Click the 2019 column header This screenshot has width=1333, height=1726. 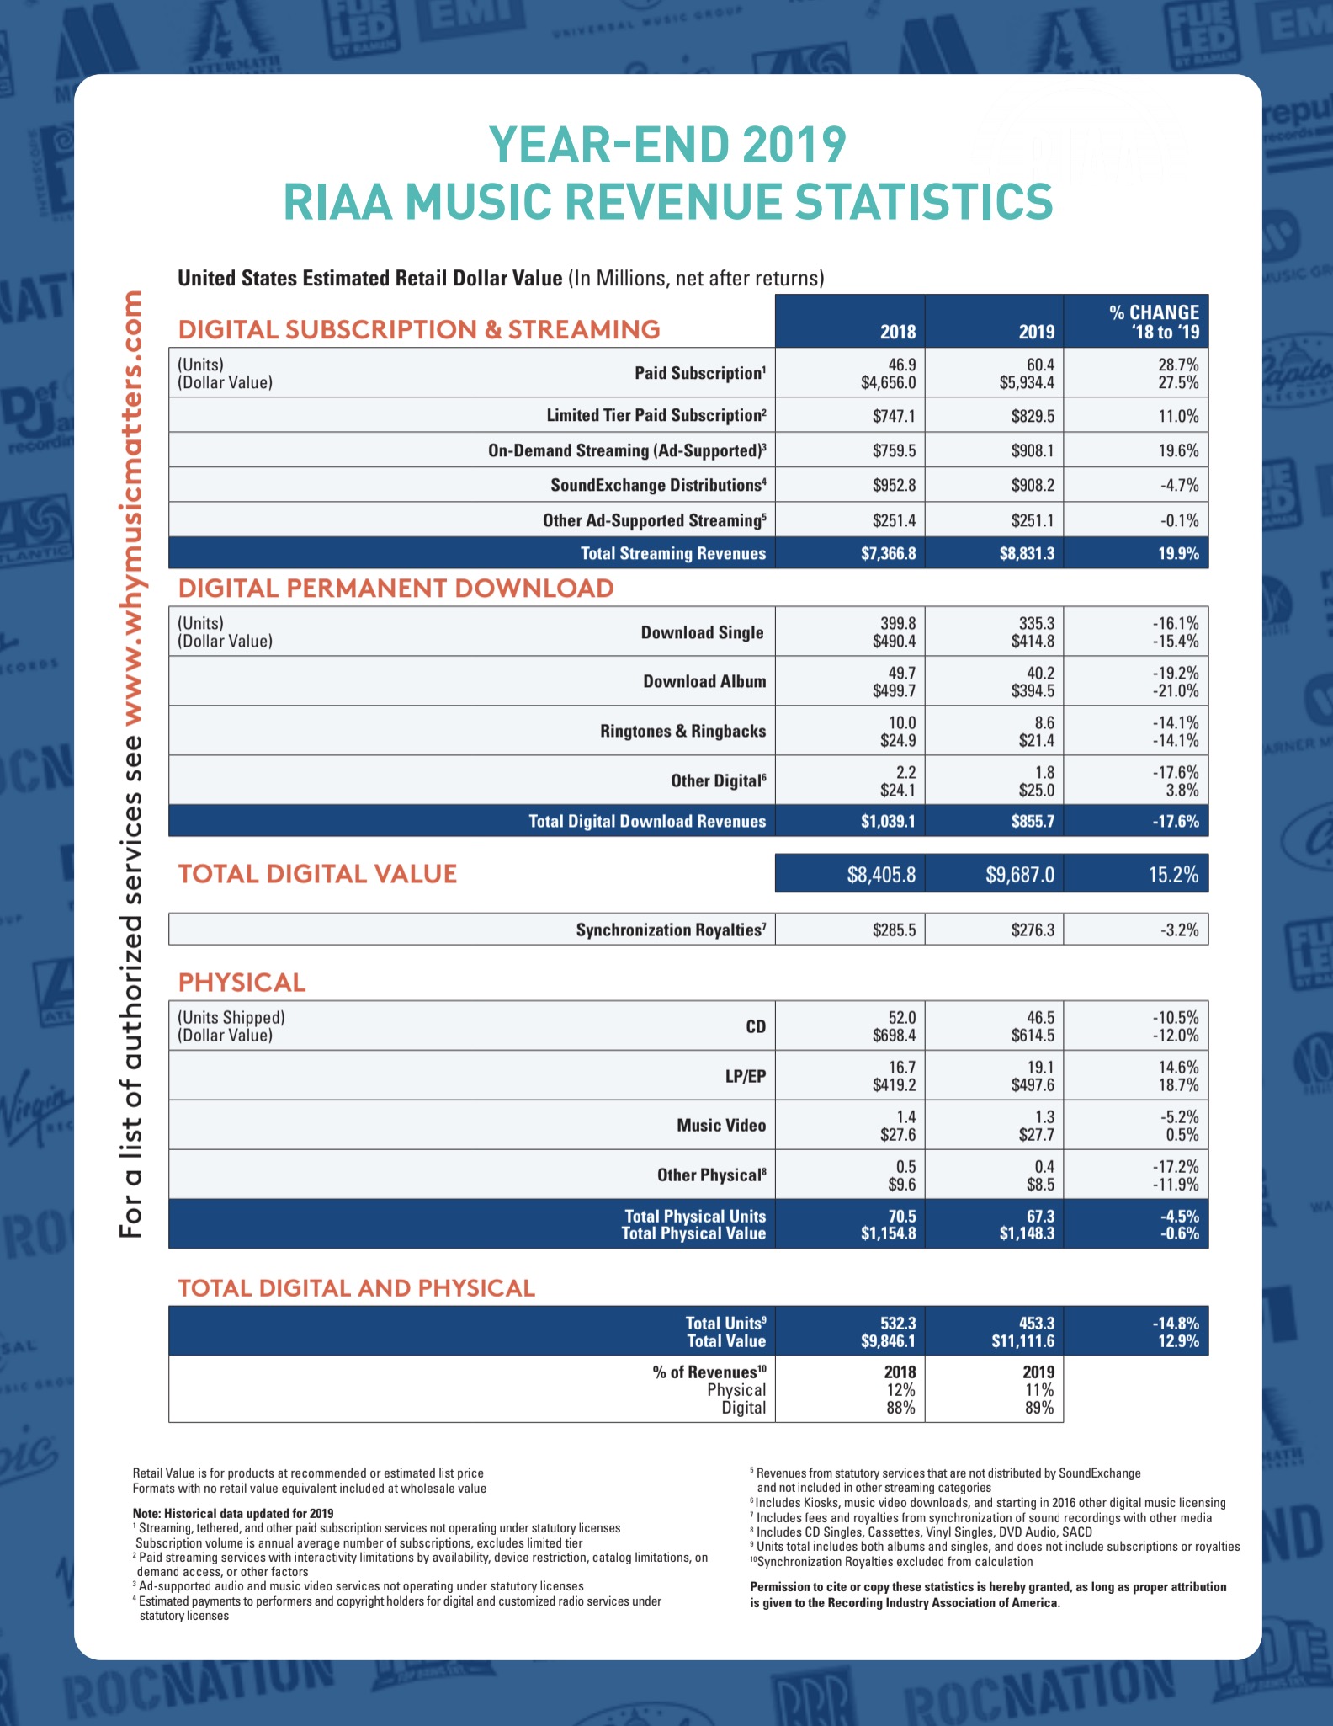[x=1036, y=332]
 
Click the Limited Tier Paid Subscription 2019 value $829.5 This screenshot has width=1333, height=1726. [x=1032, y=416]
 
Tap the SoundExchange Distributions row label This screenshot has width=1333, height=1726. [x=657, y=486]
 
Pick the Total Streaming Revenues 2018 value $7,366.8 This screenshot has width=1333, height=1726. [x=888, y=554]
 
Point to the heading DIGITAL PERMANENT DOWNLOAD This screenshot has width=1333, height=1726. [x=396, y=588]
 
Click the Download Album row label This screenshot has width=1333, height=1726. [x=704, y=681]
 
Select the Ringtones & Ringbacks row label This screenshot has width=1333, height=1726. [x=682, y=731]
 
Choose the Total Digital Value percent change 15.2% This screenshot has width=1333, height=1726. [x=1173, y=875]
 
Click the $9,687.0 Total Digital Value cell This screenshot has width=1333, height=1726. [x=1019, y=875]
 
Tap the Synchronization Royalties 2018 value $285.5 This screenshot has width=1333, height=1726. [x=894, y=930]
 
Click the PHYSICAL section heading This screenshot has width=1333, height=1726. [x=242, y=983]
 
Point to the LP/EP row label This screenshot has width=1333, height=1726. [x=745, y=1076]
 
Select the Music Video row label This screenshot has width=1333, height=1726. [x=721, y=1126]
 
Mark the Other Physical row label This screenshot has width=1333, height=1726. [x=711, y=1175]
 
